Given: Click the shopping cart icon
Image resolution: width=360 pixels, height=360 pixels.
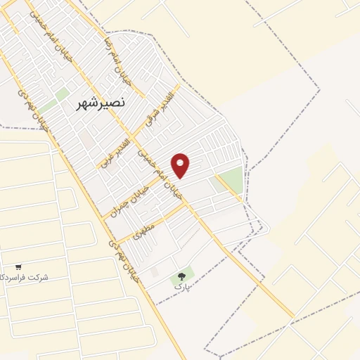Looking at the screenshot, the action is [18, 267].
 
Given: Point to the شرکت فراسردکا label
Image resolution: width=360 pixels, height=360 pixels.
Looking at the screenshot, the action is [25, 278].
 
